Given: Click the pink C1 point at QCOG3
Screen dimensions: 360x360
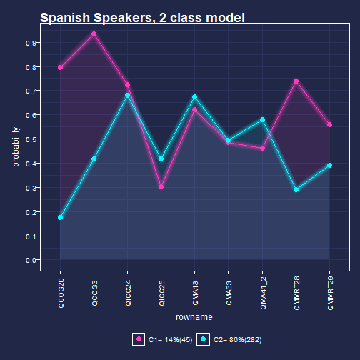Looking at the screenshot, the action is [x=94, y=34].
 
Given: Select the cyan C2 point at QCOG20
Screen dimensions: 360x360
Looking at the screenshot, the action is [x=60, y=217].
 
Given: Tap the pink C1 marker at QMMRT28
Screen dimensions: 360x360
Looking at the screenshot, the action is [x=296, y=81].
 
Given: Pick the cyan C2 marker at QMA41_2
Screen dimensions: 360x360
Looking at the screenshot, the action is [x=262, y=119].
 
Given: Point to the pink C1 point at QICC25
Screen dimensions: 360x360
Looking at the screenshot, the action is [x=161, y=187].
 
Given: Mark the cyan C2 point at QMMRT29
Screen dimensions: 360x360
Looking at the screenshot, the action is [x=329, y=165].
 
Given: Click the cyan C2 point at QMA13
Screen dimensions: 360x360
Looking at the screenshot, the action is [x=195, y=97].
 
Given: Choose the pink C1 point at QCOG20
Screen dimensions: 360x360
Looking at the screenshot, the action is [x=60, y=68].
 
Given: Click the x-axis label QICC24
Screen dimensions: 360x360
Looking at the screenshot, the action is [x=128, y=293].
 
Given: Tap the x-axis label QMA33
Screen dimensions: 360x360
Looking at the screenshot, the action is [x=229, y=293].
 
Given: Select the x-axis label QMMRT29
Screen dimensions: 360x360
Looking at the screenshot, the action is [x=330, y=294].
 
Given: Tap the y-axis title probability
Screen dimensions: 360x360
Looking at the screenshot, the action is [x=16, y=146].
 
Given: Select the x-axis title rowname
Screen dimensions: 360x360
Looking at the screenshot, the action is [x=194, y=317].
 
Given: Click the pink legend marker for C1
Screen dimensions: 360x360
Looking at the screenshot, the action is [x=139, y=339].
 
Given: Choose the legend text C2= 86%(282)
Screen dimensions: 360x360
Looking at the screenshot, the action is [x=238, y=339].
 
